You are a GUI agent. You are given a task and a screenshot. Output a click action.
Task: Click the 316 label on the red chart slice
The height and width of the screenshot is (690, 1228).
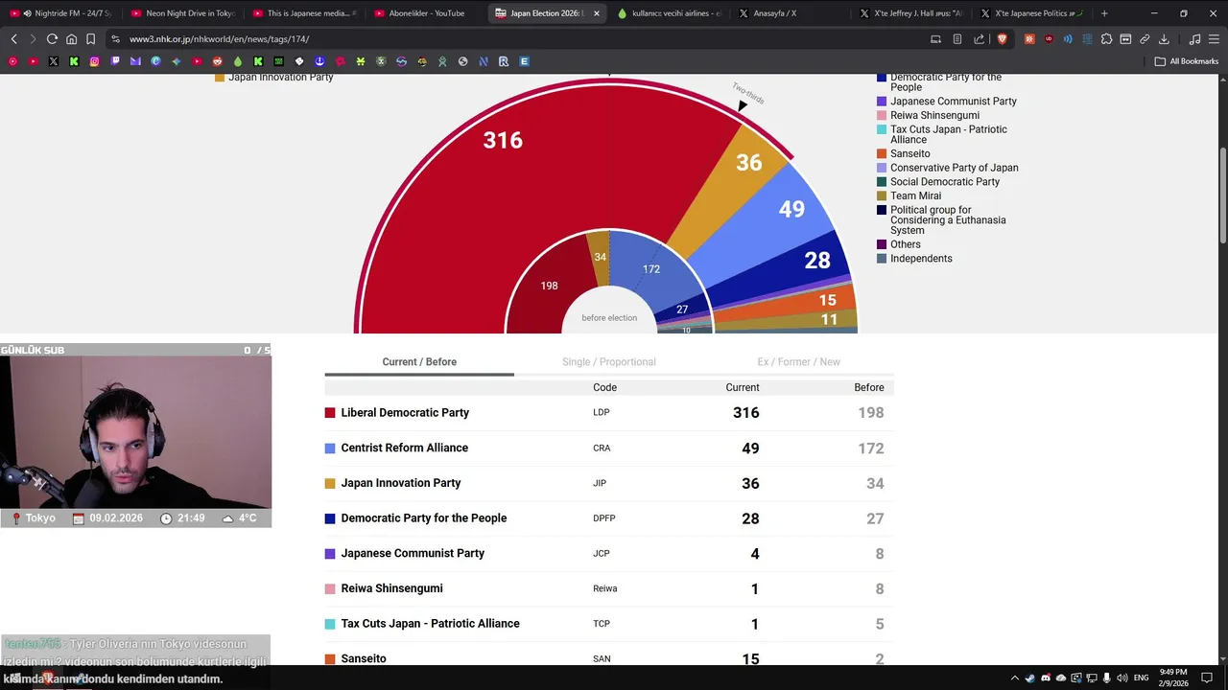pyautogui.click(x=503, y=141)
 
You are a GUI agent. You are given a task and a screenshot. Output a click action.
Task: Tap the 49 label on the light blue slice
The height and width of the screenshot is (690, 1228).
pyautogui.click(x=791, y=209)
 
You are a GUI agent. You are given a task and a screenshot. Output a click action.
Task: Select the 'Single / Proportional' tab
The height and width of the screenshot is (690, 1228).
pyautogui.click(x=608, y=362)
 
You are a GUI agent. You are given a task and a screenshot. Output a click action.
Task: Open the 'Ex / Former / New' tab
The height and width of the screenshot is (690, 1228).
pyautogui.click(x=798, y=362)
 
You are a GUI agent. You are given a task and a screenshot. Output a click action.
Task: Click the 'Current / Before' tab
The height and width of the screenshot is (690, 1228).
pyautogui.click(x=419, y=362)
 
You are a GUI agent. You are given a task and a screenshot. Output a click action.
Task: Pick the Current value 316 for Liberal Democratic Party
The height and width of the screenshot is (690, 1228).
pyautogui.click(x=745, y=413)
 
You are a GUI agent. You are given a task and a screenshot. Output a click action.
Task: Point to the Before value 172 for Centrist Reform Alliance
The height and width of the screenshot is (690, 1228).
pyautogui.click(x=870, y=448)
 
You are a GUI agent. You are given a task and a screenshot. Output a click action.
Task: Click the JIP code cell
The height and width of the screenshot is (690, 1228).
pyautogui.click(x=601, y=484)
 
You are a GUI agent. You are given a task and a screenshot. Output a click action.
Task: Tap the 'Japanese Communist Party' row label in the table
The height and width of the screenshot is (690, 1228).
pyautogui.click(x=413, y=554)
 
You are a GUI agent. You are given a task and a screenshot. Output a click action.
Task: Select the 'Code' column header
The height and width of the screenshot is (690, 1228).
pyautogui.click(x=604, y=388)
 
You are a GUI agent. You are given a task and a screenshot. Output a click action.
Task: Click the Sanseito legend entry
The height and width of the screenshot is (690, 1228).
pyautogui.click(x=909, y=153)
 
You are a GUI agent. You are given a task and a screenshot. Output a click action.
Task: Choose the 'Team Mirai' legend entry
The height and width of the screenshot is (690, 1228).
pyautogui.click(x=915, y=195)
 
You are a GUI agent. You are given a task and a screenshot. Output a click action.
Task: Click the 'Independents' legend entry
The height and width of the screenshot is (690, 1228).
pyautogui.click(x=921, y=259)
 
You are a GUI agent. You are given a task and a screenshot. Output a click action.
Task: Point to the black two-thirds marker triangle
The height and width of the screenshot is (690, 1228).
pyautogui.click(x=743, y=105)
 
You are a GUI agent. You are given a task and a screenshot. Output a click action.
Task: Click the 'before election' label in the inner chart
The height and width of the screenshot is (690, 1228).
pyautogui.click(x=609, y=318)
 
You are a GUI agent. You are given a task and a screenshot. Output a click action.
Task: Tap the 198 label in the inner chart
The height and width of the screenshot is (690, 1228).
pyautogui.click(x=549, y=286)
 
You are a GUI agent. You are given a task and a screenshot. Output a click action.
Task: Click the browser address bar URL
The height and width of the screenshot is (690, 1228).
pyautogui.click(x=219, y=39)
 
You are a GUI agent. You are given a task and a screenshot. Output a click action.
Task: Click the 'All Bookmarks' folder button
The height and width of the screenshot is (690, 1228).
pyautogui.click(x=1187, y=61)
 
